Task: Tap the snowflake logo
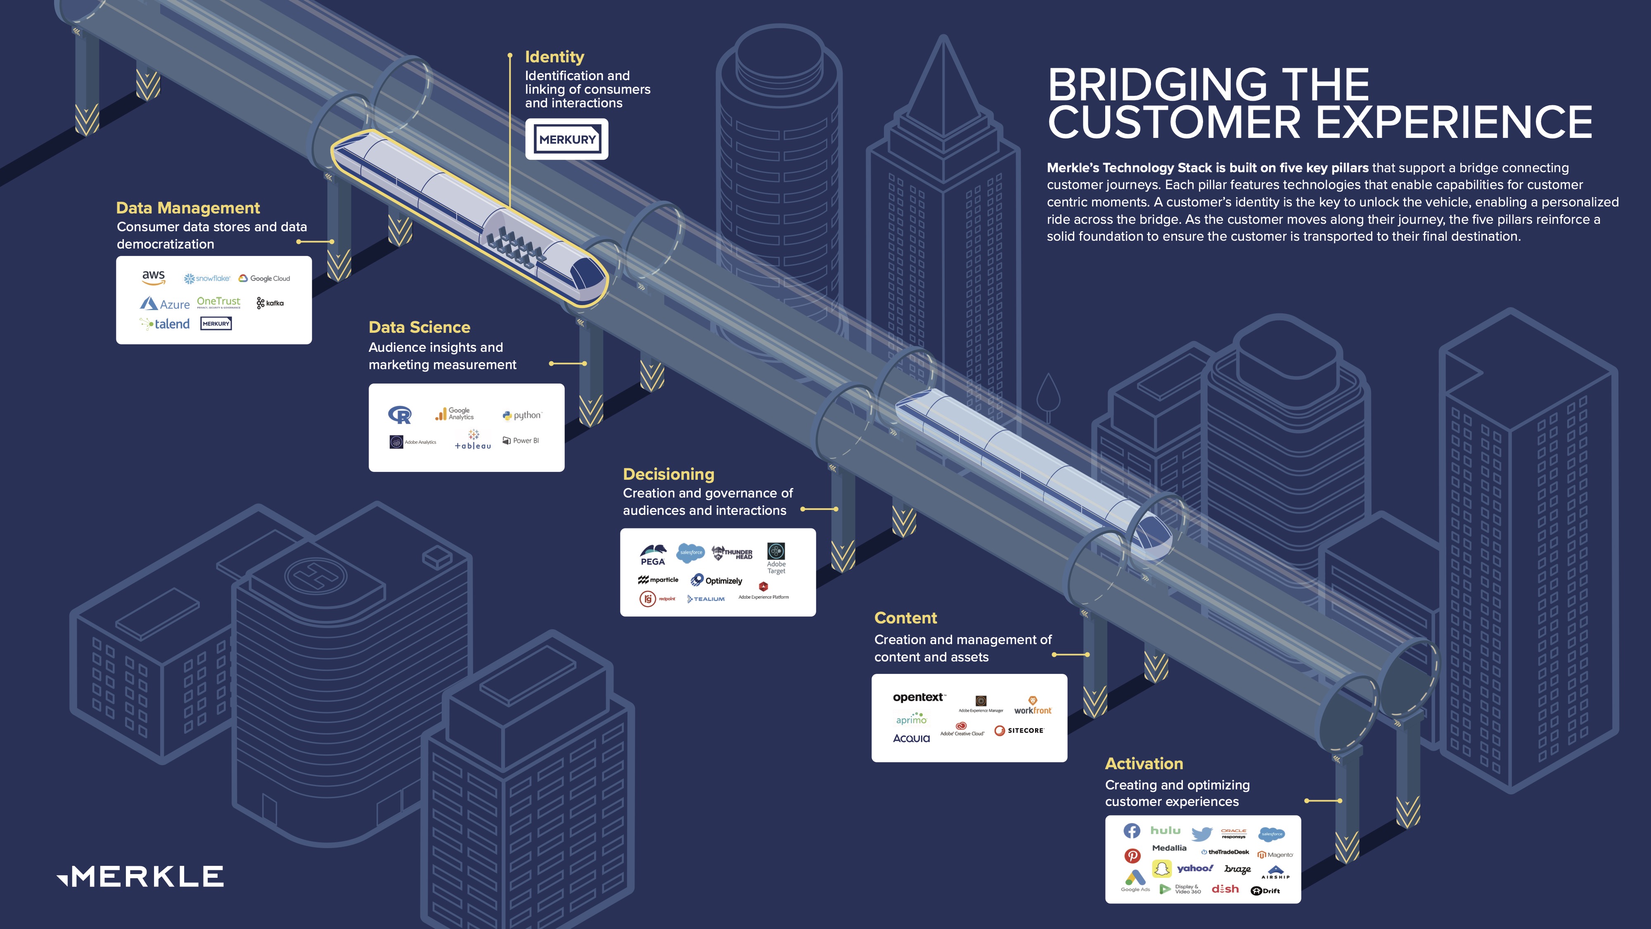coord(207,278)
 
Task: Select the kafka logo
coord(270,303)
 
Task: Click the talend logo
coord(166,324)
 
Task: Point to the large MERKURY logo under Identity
coord(566,139)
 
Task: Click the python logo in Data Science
coord(522,415)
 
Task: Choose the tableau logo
coord(473,441)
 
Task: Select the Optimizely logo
coord(717,580)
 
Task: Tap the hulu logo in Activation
coord(1165,830)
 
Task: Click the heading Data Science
coord(419,327)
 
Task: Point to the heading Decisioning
coord(668,474)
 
